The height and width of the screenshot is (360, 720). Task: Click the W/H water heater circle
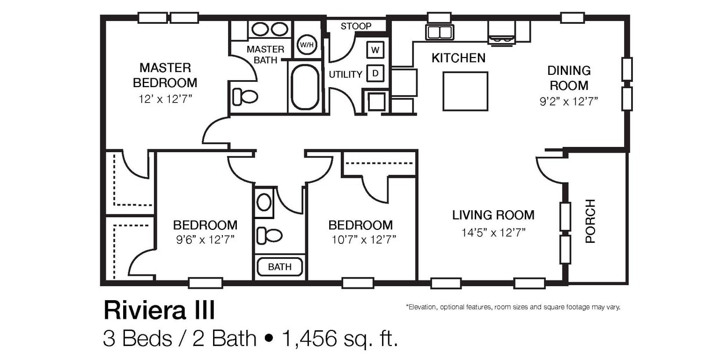coord(306,45)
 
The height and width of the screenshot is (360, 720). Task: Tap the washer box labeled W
coord(375,50)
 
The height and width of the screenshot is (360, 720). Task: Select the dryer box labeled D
coord(375,73)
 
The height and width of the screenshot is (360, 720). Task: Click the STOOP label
coord(356,26)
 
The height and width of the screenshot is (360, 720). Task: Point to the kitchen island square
coord(465,91)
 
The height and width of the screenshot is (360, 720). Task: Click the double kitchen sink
coord(440,32)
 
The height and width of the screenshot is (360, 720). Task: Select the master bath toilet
coord(244,96)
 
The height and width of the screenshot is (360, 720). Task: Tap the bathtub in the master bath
coord(305,87)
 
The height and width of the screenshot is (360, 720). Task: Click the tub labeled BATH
coord(279,267)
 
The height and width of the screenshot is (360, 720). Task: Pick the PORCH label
coord(590,221)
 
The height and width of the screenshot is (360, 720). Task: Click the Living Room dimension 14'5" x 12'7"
coord(493,233)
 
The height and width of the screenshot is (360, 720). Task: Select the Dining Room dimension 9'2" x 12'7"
coord(569,100)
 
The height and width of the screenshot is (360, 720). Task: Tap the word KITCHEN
coord(458,58)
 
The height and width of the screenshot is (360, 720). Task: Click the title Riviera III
coord(159,311)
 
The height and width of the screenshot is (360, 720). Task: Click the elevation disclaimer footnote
coord(513,307)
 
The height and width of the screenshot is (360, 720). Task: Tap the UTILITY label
coord(345,74)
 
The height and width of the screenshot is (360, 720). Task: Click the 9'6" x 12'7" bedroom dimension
coord(205,240)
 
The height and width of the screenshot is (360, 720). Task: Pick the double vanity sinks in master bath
coord(269,29)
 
